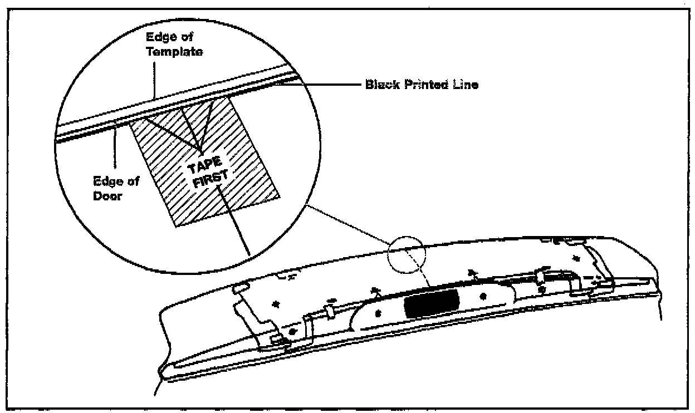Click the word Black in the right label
pos(379,85)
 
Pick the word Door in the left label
pos(108,198)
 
